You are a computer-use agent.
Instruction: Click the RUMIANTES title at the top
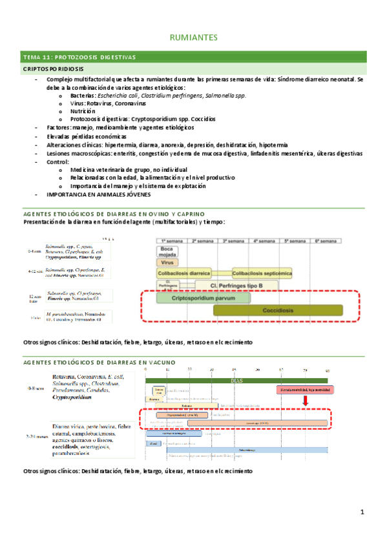(193, 37)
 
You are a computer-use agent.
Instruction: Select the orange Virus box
(167, 262)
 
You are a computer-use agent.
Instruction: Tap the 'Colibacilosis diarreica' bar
(186, 273)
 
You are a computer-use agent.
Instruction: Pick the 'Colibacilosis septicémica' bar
(261, 273)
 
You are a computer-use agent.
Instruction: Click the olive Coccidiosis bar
(278, 310)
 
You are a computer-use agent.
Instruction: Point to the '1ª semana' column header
(169, 240)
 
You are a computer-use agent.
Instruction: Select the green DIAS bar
(236, 380)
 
